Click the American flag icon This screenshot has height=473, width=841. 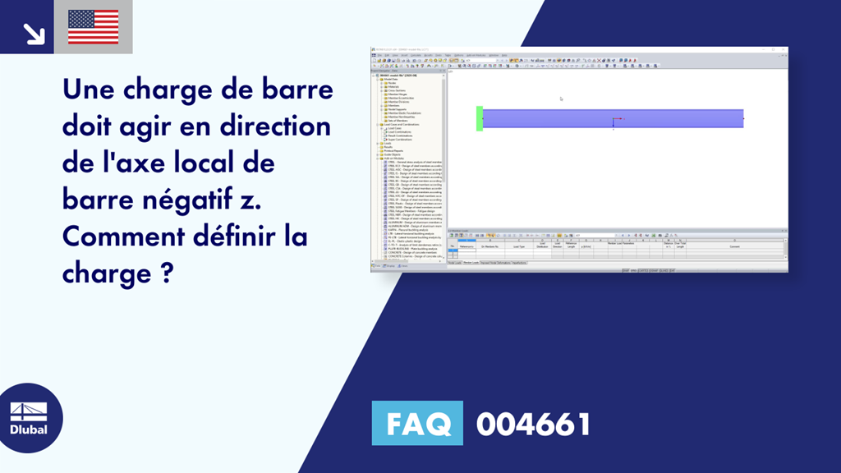(x=93, y=27)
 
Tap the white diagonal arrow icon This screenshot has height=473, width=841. (x=34, y=33)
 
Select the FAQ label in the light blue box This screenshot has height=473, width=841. (x=417, y=424)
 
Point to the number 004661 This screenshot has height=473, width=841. (x=534, y=424)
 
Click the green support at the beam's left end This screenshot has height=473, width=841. (x=479, y=118)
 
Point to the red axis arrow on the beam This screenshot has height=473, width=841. (x=619, y=120)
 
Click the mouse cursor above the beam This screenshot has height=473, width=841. (x=561, y=99)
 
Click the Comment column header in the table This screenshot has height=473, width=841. (x=733, y=246)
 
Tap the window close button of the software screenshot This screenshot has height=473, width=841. (x=784, y=50)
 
